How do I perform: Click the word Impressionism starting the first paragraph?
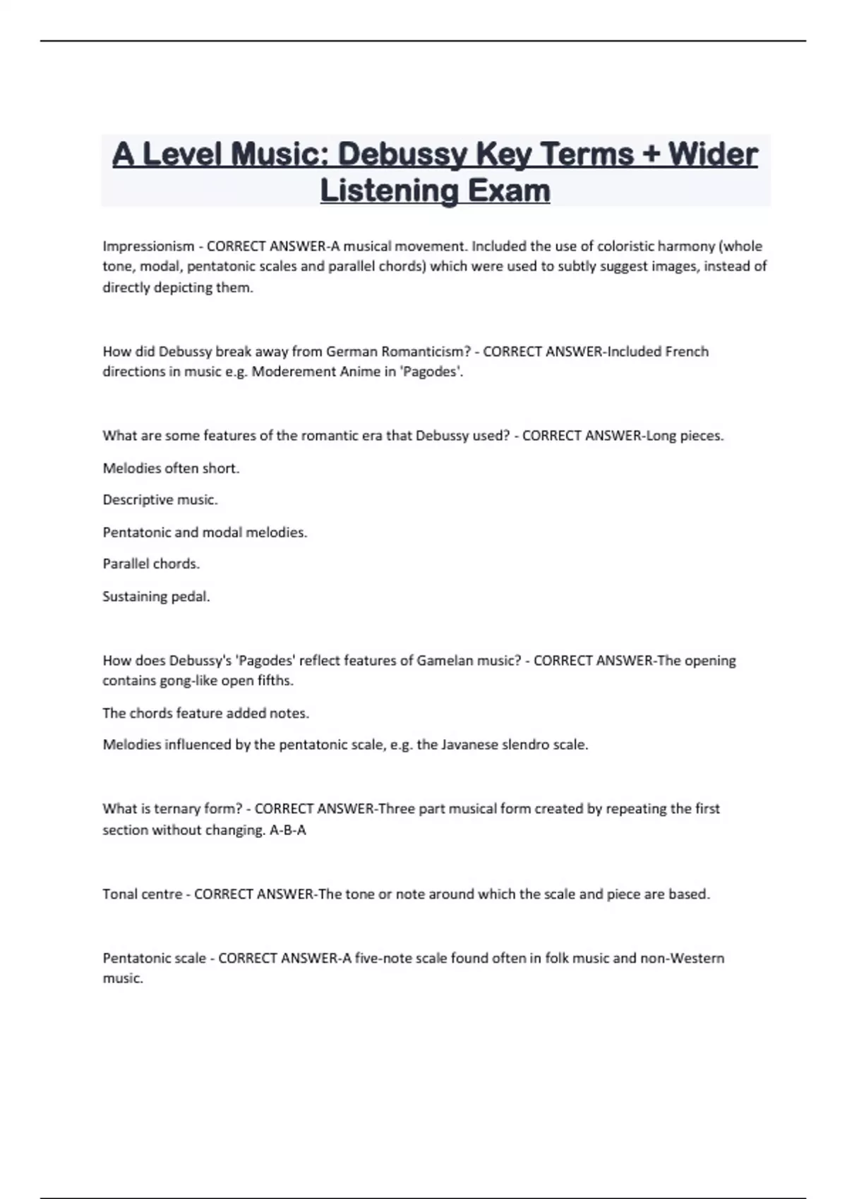148,246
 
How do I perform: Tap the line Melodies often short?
172,468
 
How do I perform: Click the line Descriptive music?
160,500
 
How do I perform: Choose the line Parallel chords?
151,564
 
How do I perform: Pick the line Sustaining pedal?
156,597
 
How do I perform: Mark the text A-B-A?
288,830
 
